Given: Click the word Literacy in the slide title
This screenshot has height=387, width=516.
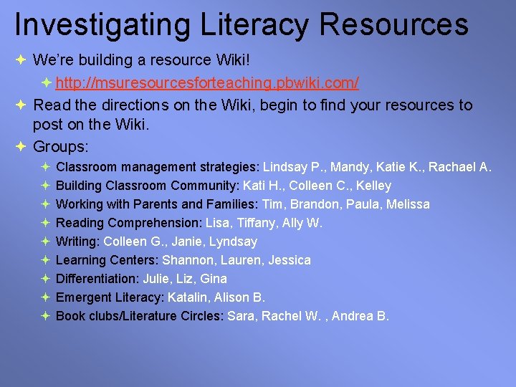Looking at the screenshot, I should coord(244,24).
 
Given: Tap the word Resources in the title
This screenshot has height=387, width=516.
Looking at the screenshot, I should coord(394,24).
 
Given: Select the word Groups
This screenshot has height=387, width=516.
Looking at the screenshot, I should coord(60,147).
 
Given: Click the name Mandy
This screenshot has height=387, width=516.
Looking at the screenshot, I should coord(348,167).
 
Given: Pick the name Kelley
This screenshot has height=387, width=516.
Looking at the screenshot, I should coord(373,186).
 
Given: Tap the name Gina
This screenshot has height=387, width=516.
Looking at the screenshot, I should coord(214,279).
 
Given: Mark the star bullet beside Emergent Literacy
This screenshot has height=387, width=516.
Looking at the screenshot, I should coord(45,297).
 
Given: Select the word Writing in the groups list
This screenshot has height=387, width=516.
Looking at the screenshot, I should coord(75,242).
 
